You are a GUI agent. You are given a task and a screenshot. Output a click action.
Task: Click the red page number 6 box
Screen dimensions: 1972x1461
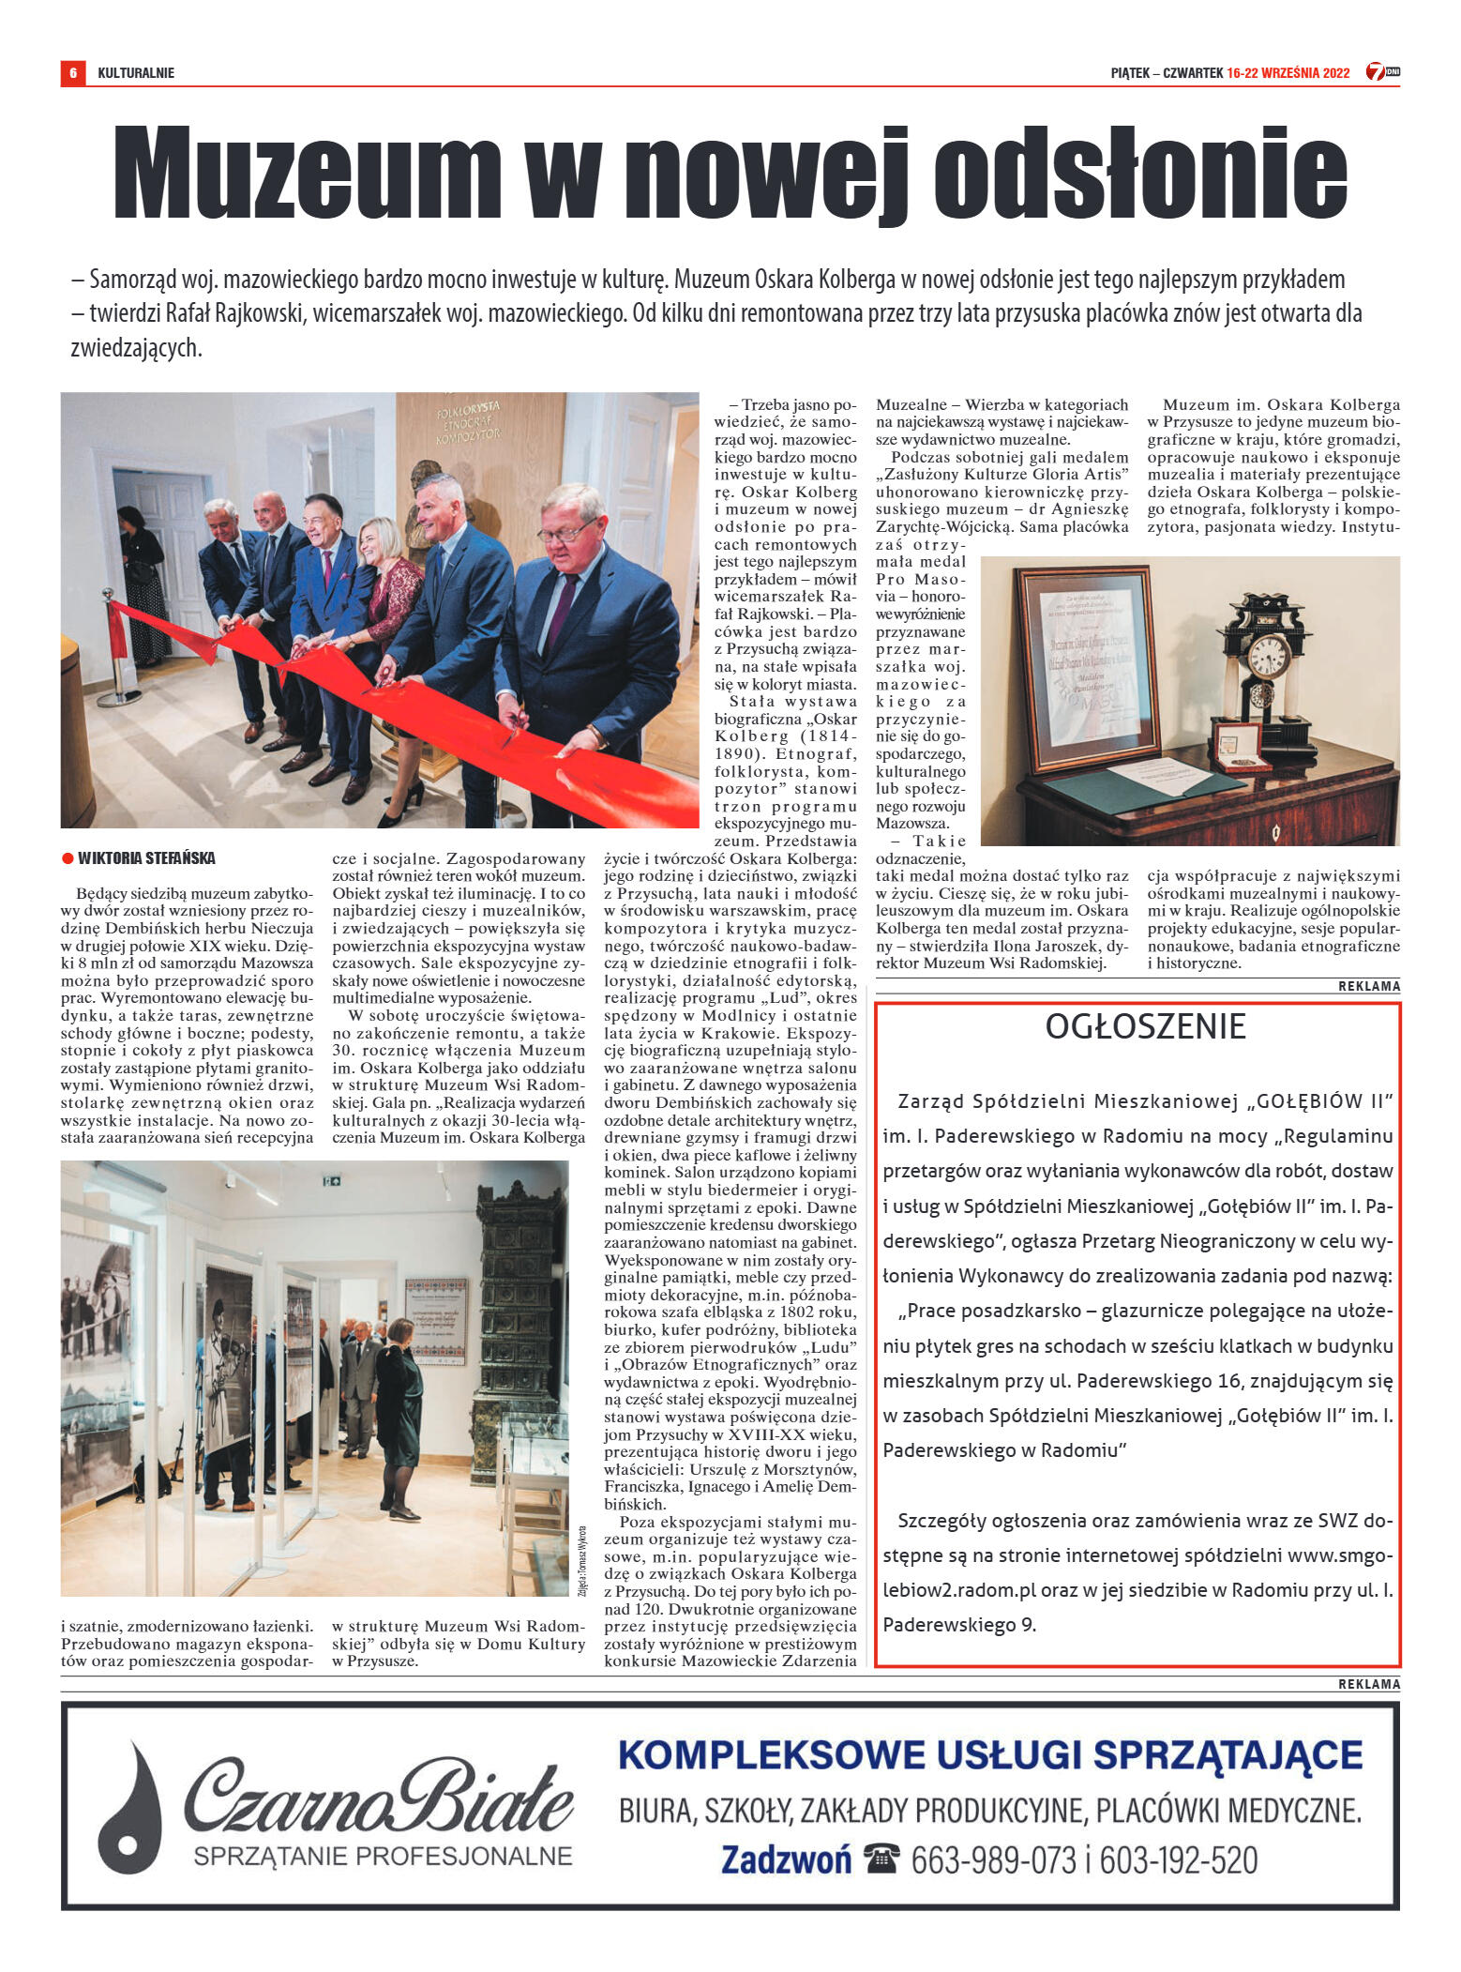[72, 72]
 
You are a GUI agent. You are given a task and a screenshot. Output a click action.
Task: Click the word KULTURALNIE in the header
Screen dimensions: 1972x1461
[136, 73]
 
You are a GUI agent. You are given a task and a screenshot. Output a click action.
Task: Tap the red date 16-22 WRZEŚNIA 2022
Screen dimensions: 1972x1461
[1288, 73]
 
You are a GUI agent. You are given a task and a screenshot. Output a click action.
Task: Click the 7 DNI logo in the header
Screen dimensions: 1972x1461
[1381, 72]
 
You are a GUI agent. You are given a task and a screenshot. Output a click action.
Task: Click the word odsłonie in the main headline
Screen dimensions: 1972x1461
[1139, 174]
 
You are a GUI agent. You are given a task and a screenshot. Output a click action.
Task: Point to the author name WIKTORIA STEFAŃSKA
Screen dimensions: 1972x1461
[146, 858]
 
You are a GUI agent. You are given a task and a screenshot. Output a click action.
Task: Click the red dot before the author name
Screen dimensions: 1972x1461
[68, 858]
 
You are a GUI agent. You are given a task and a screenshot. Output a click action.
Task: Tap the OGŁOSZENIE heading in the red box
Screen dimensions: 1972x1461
[1145, 1027]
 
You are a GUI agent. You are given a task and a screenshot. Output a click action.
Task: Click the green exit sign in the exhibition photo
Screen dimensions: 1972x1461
[331, 1182]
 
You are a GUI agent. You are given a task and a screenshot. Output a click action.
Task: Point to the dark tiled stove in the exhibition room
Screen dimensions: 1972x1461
[516, 1313]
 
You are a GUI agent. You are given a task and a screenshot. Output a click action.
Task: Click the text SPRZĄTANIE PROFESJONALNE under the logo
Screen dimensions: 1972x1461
[383, 1856]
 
